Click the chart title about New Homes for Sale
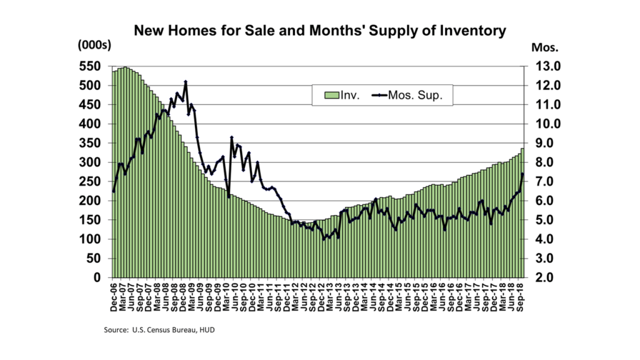point(319,29)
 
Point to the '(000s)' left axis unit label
point(94,45)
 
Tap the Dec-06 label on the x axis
point(114,297)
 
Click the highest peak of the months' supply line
point(186,82)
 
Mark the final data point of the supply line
point(522,174)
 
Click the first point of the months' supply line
point(113,191)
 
